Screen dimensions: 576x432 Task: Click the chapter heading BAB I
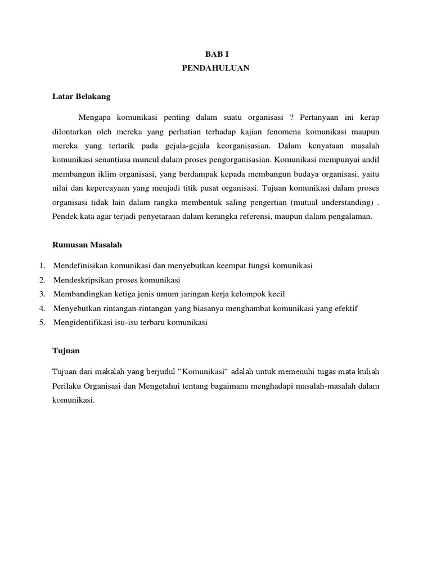[216, 54]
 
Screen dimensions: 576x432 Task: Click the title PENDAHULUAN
[216, 69]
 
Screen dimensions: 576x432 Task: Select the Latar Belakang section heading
[81, 96]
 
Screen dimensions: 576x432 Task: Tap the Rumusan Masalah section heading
[87, 245]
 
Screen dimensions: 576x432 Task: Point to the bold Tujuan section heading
[66, 350]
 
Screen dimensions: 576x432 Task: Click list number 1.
[42, 265]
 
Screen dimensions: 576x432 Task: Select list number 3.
[42, 294]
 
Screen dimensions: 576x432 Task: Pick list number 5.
[42, 322]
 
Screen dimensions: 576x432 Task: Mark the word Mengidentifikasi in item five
[83, 322]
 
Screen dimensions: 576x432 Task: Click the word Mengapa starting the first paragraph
[96, 118]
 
